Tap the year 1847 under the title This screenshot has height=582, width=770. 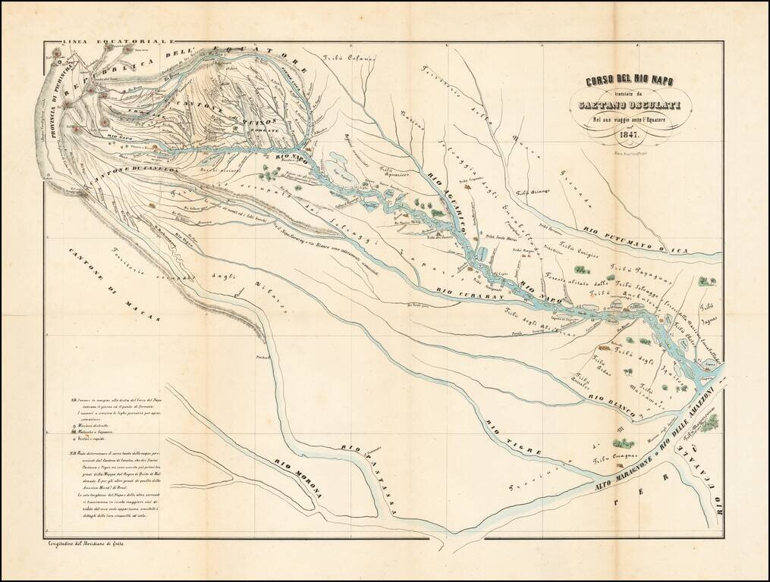[629, 137]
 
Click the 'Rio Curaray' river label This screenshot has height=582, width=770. [472, 296]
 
